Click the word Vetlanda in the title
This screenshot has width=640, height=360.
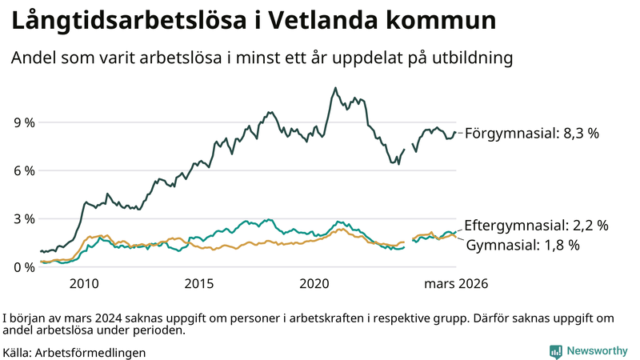[329, 22]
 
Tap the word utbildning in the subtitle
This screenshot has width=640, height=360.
[470, 58]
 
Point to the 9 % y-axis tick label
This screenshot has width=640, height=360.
[24, 122]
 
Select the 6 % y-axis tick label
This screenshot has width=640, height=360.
[24, 170]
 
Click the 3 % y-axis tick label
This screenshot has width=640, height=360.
[24, 218]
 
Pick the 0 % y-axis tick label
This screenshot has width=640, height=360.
[24, 266]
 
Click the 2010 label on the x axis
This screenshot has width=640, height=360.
[84, 283]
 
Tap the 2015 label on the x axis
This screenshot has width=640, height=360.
[199, 283]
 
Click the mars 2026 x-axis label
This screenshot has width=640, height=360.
[456, 283]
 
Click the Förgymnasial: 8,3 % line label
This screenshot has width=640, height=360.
[531, 134]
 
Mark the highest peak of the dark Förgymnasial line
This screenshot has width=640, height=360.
[335, 88]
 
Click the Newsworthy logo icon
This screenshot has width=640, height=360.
[555, 351]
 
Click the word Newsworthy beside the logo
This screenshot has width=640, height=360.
[597, 351]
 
